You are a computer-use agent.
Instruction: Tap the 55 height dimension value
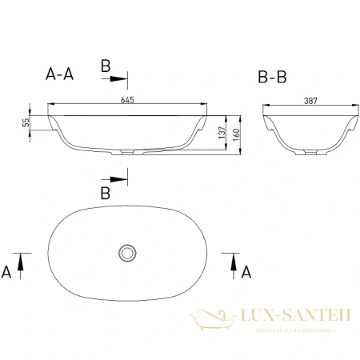click(x=26, y=122)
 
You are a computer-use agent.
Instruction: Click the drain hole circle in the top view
click(x=126, y=252)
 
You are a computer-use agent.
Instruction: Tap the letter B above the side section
click(x=104, y=66)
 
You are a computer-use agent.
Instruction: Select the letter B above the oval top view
click(x=104, y=193)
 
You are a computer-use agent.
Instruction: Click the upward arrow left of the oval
click(x=22, y=260)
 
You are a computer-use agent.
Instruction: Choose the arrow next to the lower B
click(x=117, y=179)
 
